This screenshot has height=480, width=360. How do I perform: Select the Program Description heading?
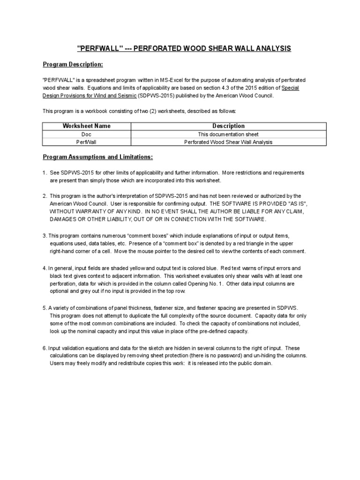[73, 64]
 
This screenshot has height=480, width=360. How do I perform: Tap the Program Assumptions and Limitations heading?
[98, 157]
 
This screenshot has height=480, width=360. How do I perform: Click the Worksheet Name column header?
[87, 126]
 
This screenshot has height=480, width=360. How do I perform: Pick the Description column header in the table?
[228, 126]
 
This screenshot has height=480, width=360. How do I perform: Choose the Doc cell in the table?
[87, 134]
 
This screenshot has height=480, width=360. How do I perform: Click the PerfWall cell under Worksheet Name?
[87, 142]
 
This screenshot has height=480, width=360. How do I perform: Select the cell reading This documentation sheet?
[228, 134]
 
